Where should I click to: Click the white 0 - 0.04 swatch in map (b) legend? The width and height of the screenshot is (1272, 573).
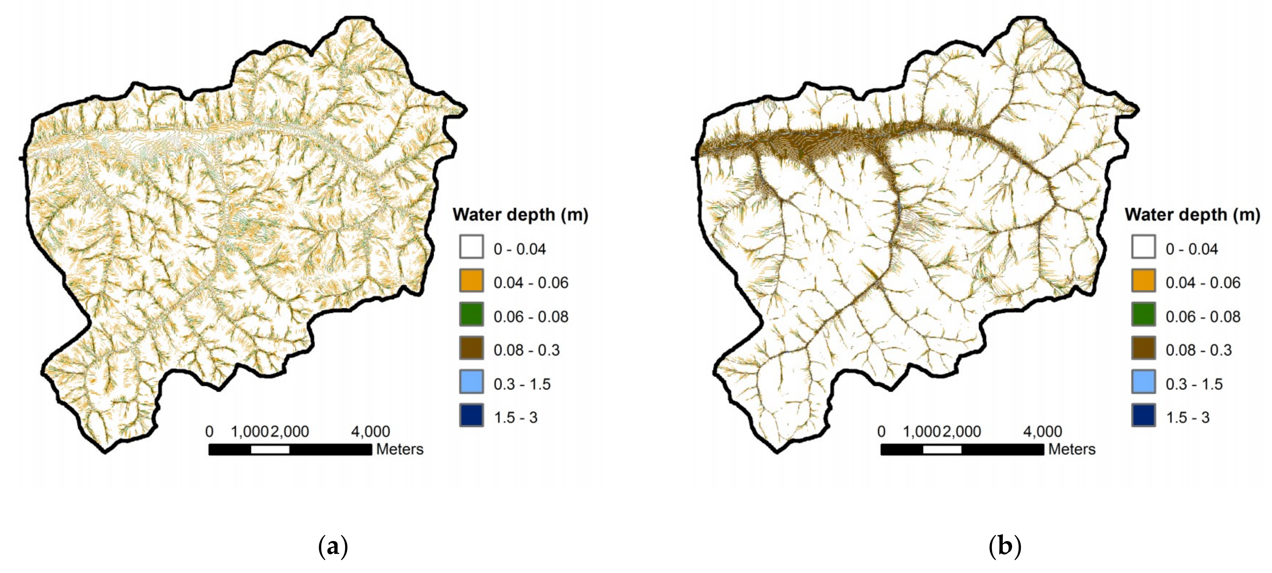click(1143, 247)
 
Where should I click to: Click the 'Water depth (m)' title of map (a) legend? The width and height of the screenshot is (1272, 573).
click(520, 215)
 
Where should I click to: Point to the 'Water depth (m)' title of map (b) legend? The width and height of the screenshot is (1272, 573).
click(1192, 215)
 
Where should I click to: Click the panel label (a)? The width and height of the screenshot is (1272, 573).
click(333, 547)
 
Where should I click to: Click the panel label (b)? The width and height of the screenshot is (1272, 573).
click(1005, 547)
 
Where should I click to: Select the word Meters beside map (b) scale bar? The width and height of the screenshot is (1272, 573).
click(1072, 449)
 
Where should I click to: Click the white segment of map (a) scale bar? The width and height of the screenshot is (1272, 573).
click(270, 449)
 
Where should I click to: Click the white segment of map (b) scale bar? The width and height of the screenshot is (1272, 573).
click(942, 449)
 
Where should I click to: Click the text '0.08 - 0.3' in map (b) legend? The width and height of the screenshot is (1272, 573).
click(1198, 350)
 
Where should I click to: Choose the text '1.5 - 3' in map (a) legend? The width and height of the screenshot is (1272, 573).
click(515, 417)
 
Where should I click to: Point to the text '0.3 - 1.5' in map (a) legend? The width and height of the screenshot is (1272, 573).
click(522, 384)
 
